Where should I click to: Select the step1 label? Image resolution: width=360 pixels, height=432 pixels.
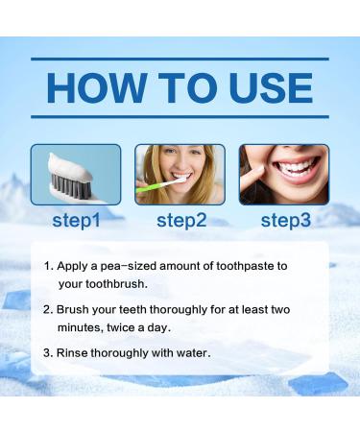[75, 220]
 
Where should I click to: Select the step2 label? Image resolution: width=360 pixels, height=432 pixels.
[180, 220]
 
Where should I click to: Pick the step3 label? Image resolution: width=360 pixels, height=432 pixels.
[285, 220]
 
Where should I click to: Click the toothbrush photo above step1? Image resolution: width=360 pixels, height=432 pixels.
[75, 174]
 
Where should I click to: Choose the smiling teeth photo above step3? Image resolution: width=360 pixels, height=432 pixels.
[284, 174]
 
